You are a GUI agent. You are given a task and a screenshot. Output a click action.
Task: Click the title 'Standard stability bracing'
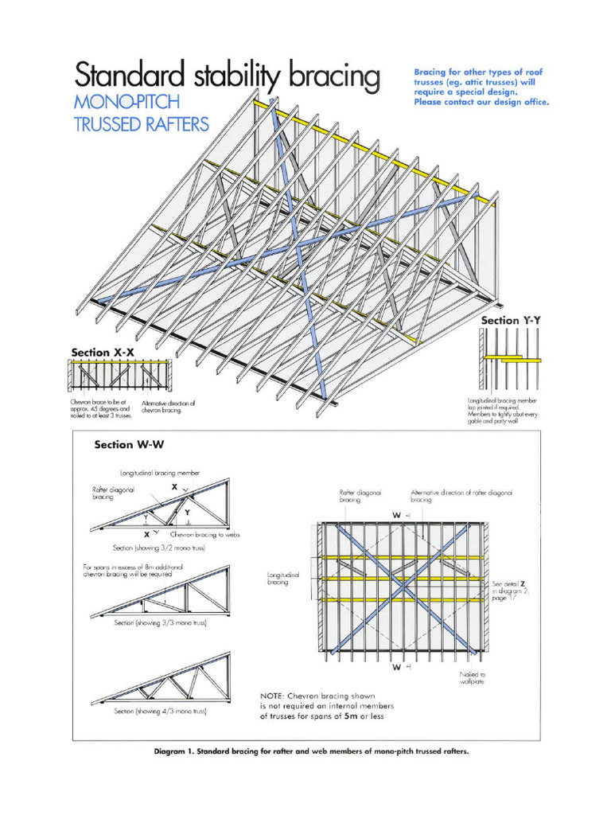click(227, 76)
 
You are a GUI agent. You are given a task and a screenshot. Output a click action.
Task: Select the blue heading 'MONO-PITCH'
click(127, 102)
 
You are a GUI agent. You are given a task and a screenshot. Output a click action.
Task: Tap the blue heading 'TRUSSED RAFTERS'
click(141, 125)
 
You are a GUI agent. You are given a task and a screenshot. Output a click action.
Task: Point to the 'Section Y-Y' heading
click(511, 320)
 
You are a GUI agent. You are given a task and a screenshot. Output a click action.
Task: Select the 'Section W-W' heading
click(129, 444)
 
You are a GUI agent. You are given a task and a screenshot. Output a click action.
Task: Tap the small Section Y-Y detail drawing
click(510, 359)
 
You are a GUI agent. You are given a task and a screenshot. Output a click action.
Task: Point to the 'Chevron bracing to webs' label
click(204, 535)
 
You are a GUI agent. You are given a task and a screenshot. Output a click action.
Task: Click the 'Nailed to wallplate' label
click(473, 678)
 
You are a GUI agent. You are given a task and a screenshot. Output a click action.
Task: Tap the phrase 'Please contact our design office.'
click(481, 102)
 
